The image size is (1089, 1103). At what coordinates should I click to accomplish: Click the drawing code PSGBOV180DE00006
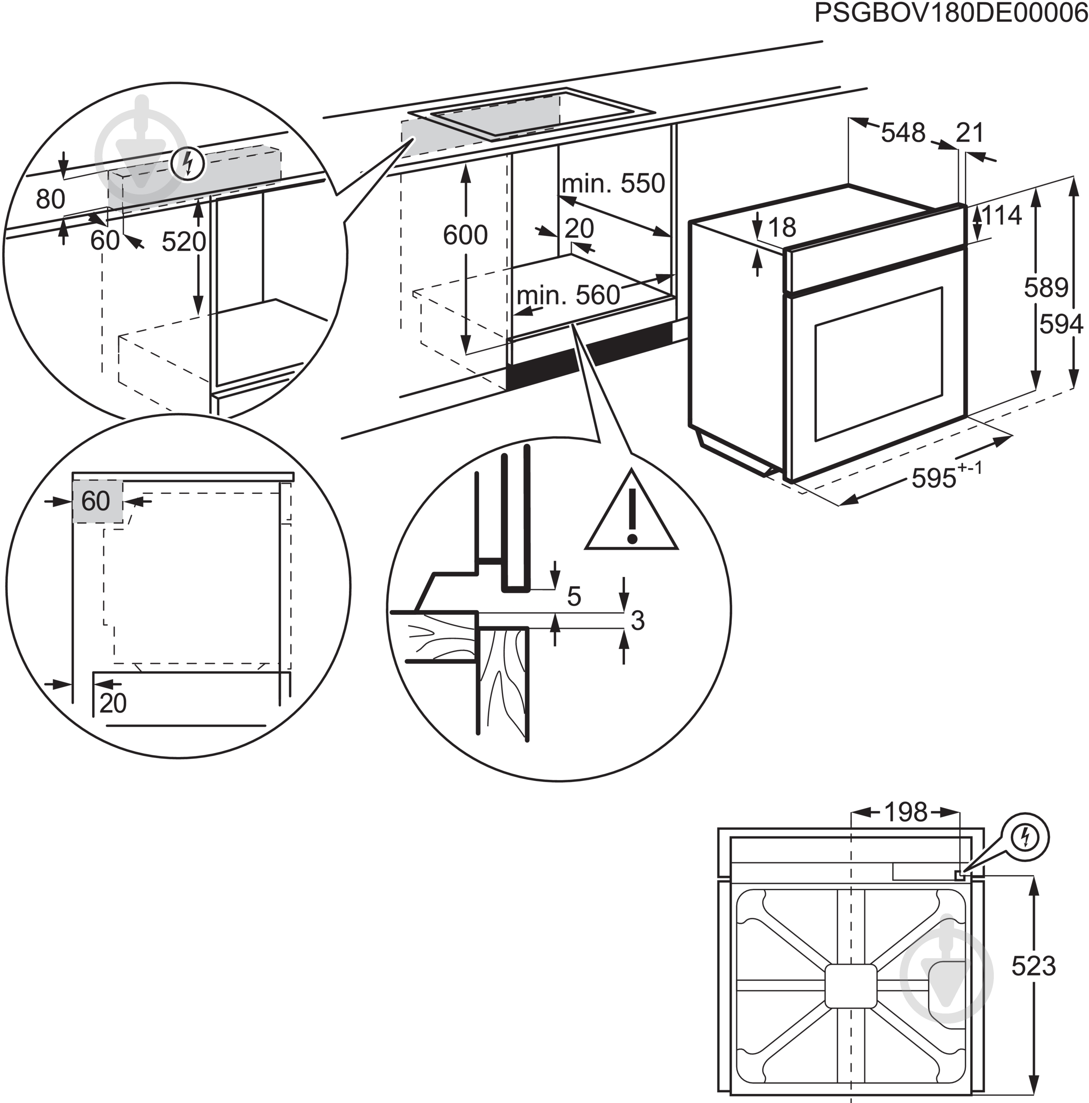point(951,13)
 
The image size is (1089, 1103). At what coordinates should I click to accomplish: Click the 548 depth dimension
point(902,133)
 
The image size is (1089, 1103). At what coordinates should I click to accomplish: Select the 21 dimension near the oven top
point(970,133)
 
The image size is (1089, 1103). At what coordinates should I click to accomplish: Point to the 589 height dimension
point(1045,287)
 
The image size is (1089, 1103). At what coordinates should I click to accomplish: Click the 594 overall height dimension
point(1061,324)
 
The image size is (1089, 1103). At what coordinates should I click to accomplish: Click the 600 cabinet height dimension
point(465,235)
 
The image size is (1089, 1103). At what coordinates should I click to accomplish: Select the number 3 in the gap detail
point(638,620)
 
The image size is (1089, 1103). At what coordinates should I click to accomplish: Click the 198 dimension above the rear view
point(906,812)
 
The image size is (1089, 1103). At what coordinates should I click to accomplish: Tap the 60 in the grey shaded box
point(95,501)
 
